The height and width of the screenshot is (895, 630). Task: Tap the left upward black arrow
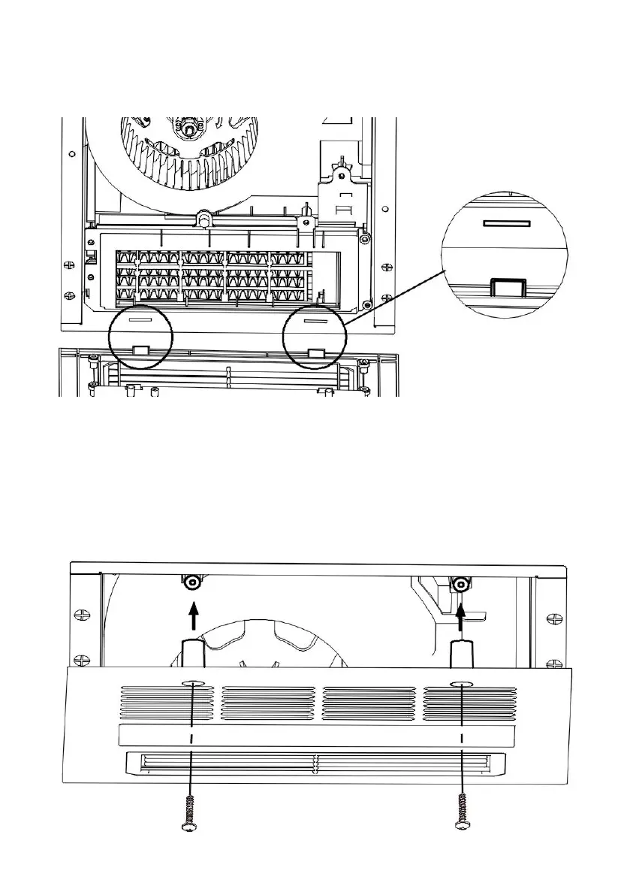[x=193, y=617]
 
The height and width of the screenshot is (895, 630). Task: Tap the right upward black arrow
[x=460, y=617]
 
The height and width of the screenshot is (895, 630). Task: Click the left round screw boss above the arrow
[x=193, y=582]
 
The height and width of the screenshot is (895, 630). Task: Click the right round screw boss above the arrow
[x=460, y=582]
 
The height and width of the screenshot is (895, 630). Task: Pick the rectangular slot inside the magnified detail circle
[x=508, y=223]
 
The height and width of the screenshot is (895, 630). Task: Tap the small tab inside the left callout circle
[x=140, y=350]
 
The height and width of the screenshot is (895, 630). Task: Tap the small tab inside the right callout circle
[x=317, y=352]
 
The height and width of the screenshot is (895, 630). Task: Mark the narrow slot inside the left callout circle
[x=140, y=319]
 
